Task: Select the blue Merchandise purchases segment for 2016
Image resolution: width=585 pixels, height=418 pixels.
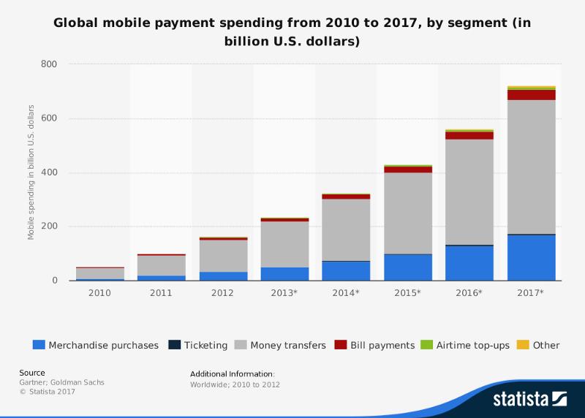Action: point(469,262)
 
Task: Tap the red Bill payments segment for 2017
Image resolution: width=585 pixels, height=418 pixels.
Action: point(531,95)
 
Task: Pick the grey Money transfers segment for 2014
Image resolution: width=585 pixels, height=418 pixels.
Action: point(347,229)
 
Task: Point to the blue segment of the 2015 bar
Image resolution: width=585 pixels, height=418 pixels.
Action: point(408,267)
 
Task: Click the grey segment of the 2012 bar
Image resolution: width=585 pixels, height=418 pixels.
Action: point(224,256)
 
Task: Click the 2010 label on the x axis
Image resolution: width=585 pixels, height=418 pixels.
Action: point(99,293)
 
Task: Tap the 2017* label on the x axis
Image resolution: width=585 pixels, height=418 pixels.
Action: point(531,293)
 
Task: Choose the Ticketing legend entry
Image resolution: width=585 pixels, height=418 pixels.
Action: point(200,345)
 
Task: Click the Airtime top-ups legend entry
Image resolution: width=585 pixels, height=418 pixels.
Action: point(472,345)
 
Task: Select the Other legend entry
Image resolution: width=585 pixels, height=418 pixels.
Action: point(546,345)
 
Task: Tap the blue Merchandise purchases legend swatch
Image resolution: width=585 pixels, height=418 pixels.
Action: point(39,345)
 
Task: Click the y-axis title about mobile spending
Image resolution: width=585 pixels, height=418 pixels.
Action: point(31,172)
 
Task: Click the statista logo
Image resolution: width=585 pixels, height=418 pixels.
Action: point(529,400)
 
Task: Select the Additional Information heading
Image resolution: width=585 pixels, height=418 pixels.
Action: point(232,373)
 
